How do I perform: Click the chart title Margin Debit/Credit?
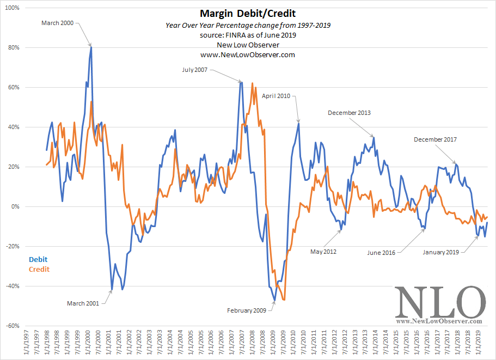coord(247,14)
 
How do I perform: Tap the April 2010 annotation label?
coord(275,95)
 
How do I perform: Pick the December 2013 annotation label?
coord(349,113)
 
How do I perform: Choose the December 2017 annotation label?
coord(435,139)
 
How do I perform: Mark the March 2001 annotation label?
coord(83,303)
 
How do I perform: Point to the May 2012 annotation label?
coord(323,252)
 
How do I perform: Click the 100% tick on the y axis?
coord(11,8)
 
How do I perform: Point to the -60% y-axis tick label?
coord(12,326)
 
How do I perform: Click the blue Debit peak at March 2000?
coord(91,47)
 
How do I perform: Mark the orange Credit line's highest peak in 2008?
coord(252,83)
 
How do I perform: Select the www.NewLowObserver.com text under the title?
coord(248,55)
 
